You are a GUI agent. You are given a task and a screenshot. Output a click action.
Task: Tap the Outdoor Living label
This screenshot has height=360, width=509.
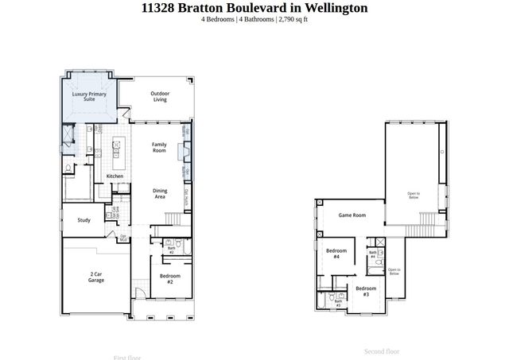tap(159, 96)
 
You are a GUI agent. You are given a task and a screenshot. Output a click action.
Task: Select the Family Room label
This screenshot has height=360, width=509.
tap(159, 147)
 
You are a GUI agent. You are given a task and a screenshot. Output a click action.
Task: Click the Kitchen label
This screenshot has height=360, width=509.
tap(115, 176)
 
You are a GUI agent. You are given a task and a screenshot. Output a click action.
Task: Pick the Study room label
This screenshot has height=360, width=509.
tap(84, 220)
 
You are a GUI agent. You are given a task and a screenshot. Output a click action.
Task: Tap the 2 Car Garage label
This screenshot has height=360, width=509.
tap(95, 277)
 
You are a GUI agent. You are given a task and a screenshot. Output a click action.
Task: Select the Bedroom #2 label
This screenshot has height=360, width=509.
tap(171, 279)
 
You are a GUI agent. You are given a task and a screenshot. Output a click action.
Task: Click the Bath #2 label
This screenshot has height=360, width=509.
tap(171, 250)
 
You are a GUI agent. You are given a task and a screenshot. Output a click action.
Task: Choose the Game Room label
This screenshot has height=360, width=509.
tap(352, 215)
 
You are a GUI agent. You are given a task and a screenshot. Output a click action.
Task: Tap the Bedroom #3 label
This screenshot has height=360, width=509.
tap(366, 291)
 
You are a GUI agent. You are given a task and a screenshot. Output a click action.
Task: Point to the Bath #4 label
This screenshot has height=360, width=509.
tap(373, 254)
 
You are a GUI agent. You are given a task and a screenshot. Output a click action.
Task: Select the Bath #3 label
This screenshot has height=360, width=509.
tap(338, 303)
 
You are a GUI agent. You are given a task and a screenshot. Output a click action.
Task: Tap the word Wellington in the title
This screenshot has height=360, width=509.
tap(316, 8)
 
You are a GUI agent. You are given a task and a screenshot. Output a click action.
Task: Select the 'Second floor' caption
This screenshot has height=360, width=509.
tap(382, 350)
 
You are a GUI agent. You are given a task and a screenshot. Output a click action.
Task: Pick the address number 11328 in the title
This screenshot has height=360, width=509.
tap(158, 8)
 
